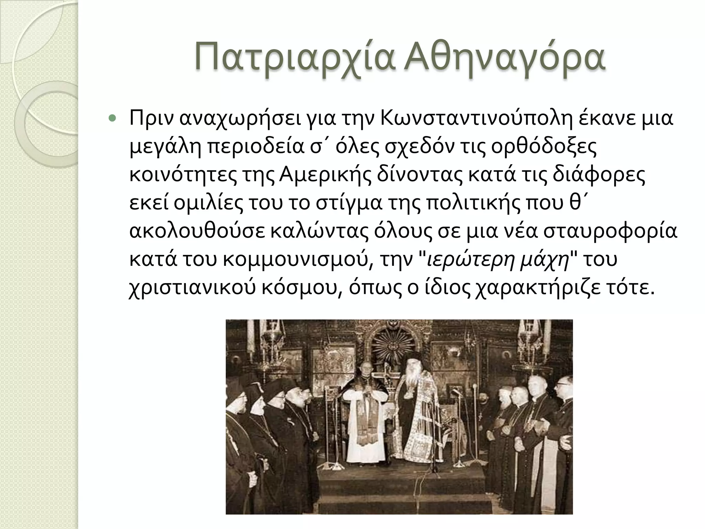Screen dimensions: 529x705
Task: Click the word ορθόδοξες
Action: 544,147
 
